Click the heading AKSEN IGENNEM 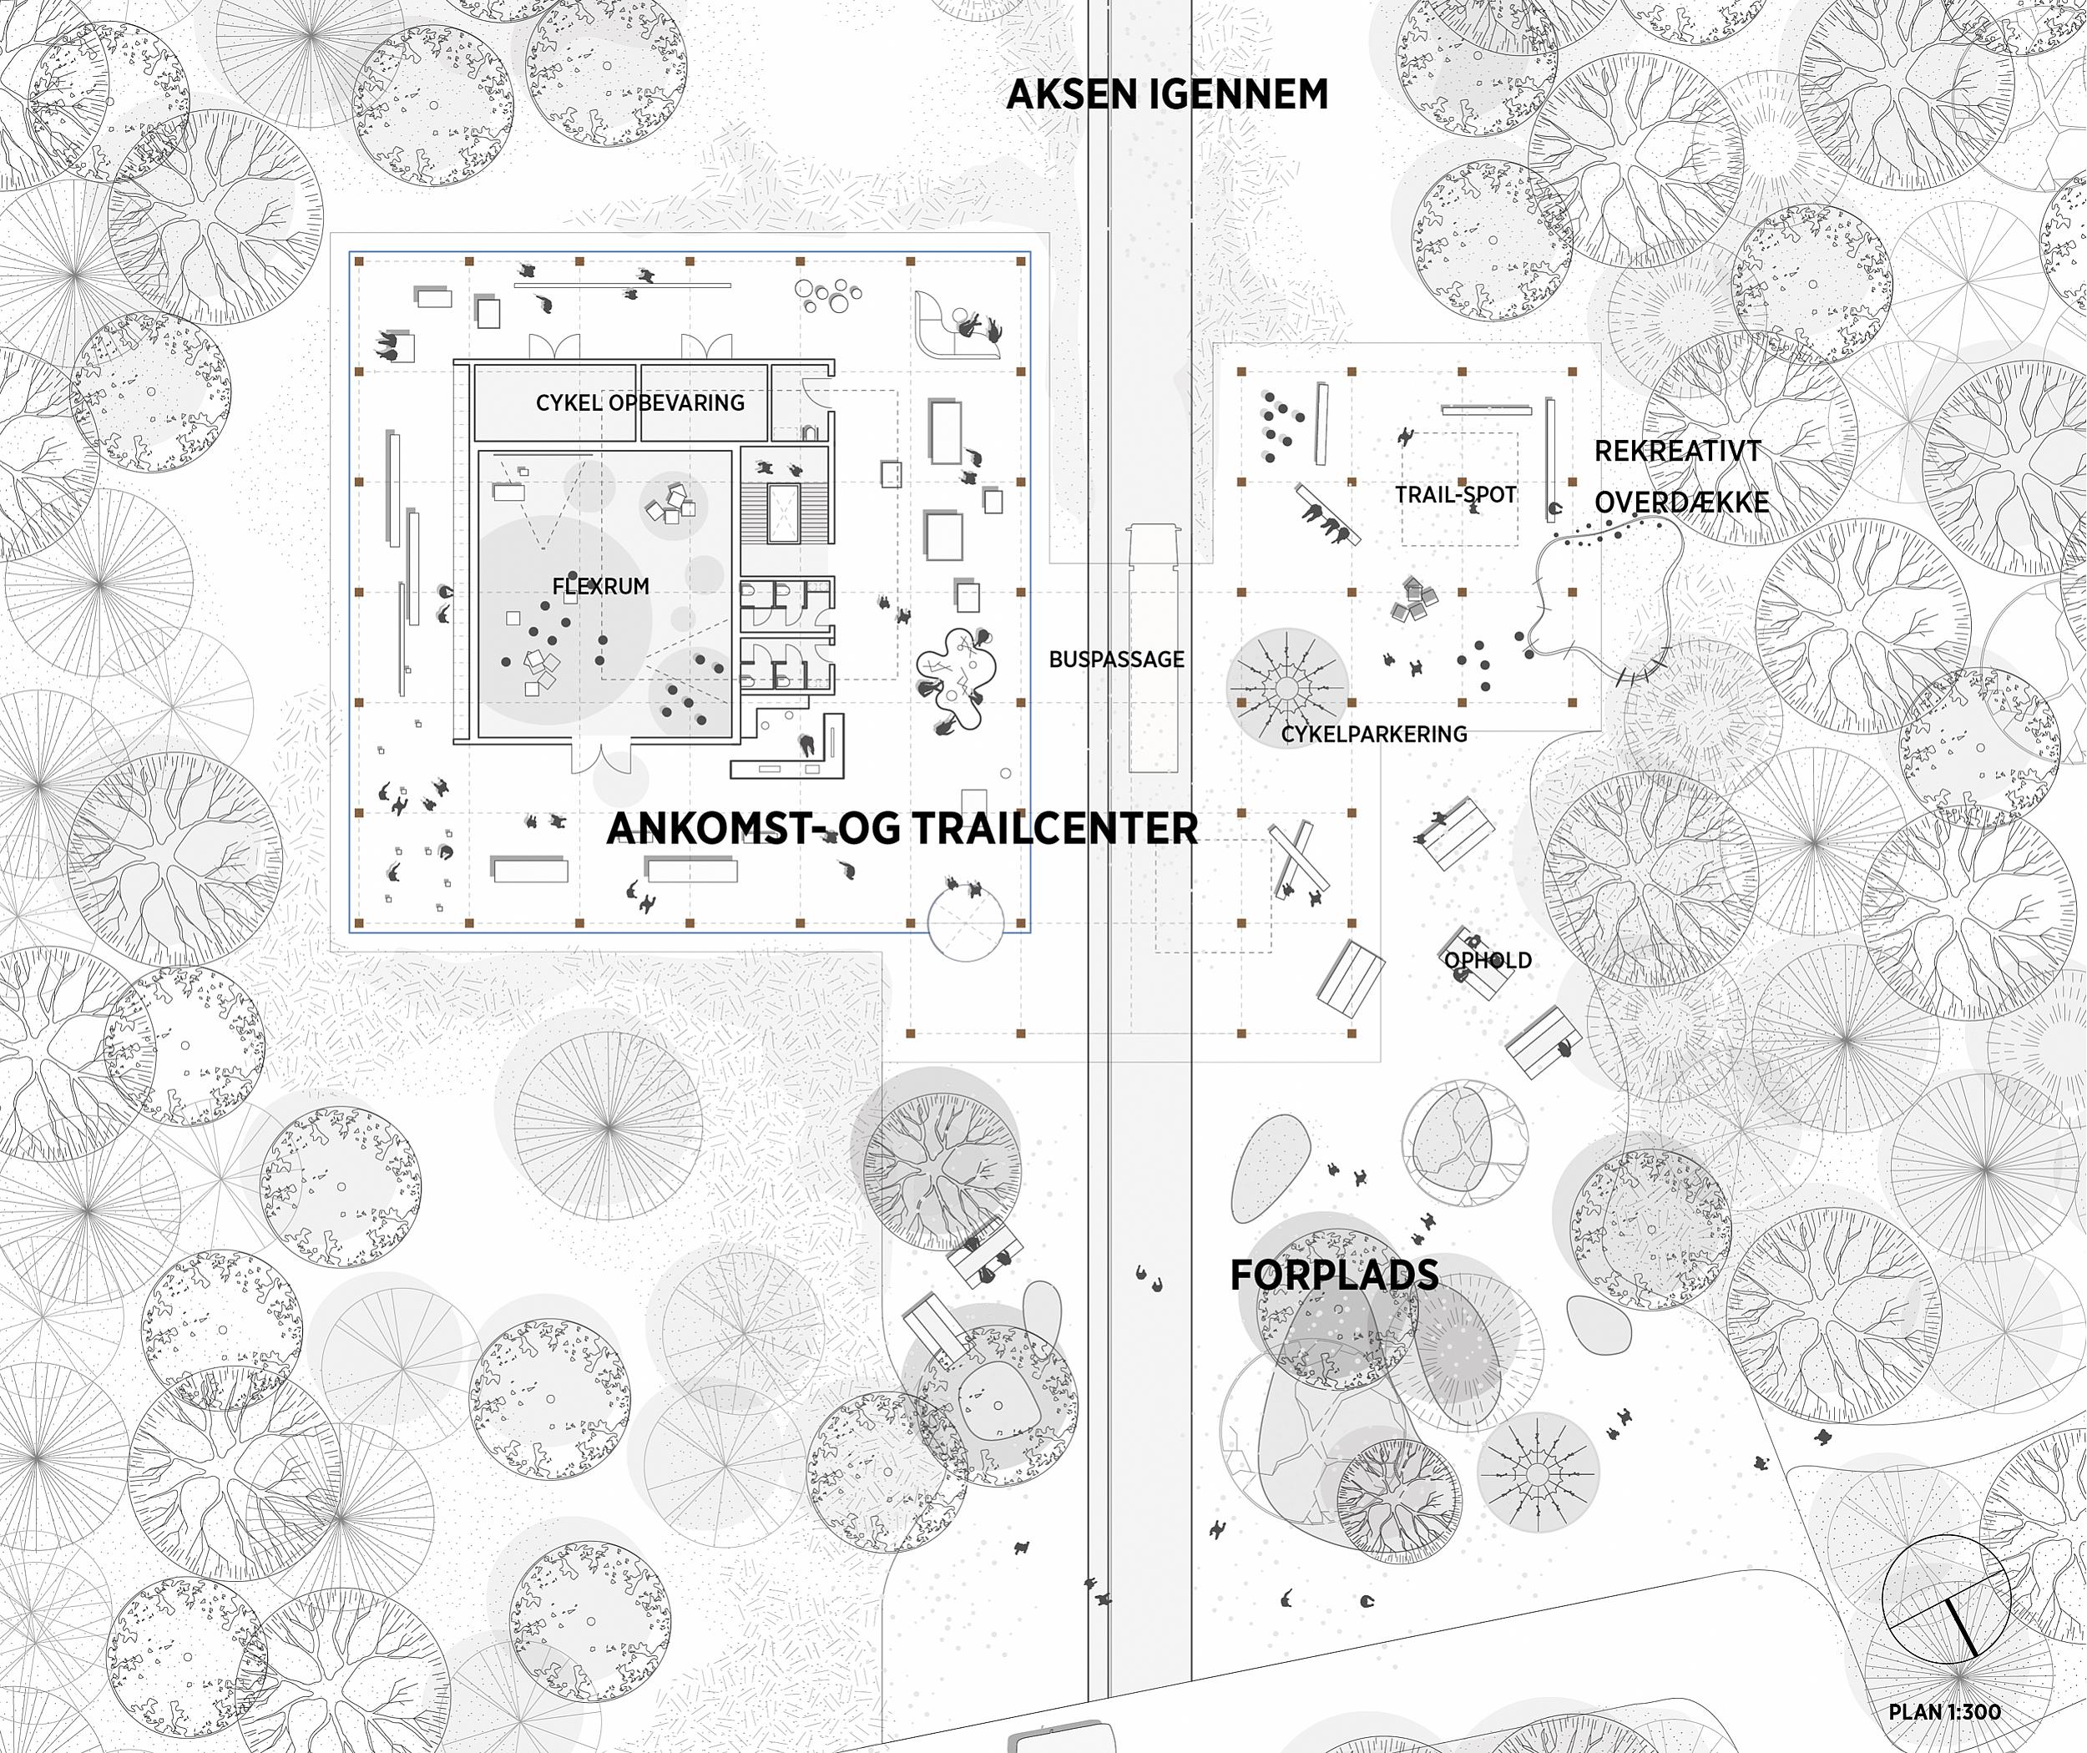(x=1167, y=94)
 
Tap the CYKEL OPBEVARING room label (x=640, y=402)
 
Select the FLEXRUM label (x=600, y=586)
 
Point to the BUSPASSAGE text (x=1116, y=659)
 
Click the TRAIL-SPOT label (x=1456, y=494)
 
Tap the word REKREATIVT (x=1678, y=451)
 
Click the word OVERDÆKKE (x=1681, y=503)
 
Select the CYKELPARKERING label (x=1373, y=735)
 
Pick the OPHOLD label (x=1488, y=960)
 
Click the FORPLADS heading (x=1334, y=1275)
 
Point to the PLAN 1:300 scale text (x=1945, y=1711)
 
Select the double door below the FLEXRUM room (x=600, y=757)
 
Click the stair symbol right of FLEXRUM (x=784, y=513)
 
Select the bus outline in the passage (x=1153, y=648)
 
